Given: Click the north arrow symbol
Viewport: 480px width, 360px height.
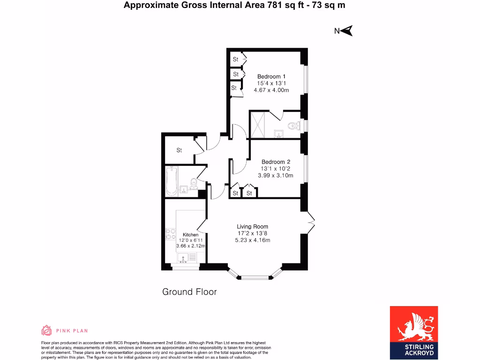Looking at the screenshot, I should pos(347,31).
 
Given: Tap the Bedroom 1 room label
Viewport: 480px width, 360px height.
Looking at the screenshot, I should pos(271,76).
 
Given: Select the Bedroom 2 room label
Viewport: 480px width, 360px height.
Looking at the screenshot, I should pos(276,162).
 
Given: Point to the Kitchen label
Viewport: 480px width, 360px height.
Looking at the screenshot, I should pos(190,234).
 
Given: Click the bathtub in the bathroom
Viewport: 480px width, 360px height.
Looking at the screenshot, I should pos(172,182).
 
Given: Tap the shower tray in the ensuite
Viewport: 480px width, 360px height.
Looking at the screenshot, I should pos(258,125).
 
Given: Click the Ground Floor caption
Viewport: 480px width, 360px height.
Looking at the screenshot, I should pos(189,292).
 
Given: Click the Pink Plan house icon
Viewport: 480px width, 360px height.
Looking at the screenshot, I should pos(46,330).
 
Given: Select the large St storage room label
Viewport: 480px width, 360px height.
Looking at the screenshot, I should pos(179,150).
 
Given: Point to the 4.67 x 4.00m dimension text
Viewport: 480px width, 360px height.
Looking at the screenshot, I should pos(271,90).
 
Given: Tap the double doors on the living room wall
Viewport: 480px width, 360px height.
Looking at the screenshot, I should pos(310,221).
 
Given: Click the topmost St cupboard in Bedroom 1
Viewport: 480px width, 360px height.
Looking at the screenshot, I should pos(236,60).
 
